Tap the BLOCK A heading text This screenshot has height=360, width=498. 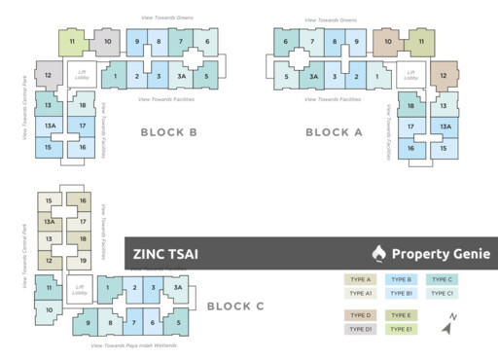pyautogui.click(x=334, y=132)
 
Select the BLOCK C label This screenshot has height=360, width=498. pyautogui.click(x=235, y=305)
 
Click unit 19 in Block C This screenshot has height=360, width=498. pyautogui.click(x=83, y=261)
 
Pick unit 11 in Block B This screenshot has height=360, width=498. pyautogui.click(x=71, y=42)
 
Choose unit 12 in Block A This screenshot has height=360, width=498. pyautogui.click(x=443, y=75)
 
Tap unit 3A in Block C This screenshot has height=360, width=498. pyautogui.click(x=176, y=287)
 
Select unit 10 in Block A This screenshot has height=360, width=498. pyautogui.click(x=388, y=42)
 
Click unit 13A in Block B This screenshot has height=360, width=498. pyautogui.click(x=48, y=126)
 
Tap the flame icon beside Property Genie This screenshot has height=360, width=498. pyautogui.click(x=378, y=254)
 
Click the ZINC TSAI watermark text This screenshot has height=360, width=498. pyautogui.click(x=165, y=254)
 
